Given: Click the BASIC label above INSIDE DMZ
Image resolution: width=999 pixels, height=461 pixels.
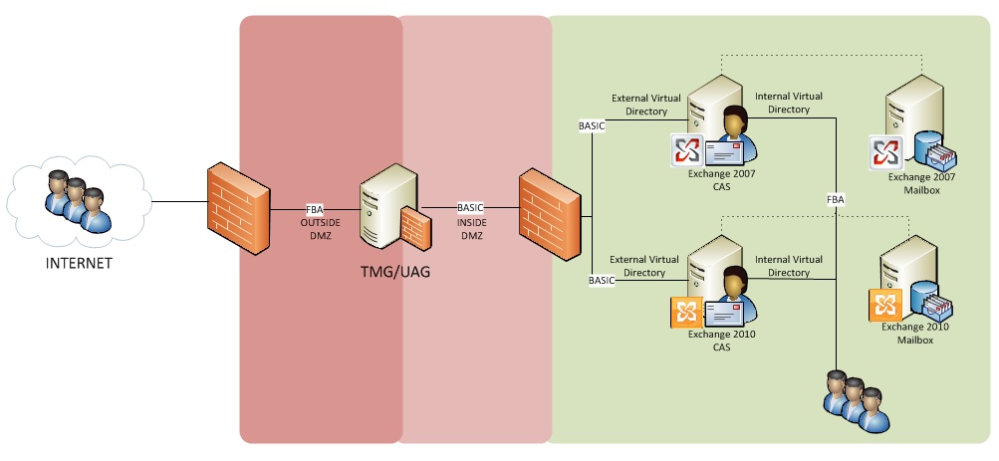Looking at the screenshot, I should tap(470, 207).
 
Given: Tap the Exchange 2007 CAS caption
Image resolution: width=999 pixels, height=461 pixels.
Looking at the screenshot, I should tap(722, 179).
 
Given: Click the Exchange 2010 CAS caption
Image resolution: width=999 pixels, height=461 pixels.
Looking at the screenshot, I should tap(722, 341).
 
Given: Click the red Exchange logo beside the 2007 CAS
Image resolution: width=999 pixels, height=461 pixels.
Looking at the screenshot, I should tap(686, 150).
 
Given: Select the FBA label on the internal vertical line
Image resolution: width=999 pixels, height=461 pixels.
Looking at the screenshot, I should tap(836, 200).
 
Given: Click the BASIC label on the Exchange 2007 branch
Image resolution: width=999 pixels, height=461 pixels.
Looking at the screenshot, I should tap(593, 126).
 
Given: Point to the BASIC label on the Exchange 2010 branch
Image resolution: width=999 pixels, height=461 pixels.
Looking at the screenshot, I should tap(602, 281).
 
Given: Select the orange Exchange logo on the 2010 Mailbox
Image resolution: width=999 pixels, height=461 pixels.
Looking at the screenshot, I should tap(885, 305).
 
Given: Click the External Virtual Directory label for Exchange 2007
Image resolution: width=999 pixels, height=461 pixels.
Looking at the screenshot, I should tap(645, 105).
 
